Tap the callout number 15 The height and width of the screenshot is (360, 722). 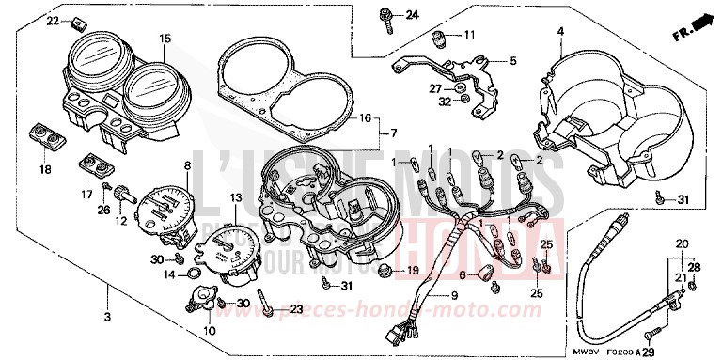click(165, 39)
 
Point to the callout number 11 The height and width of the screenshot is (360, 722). click(469, 35)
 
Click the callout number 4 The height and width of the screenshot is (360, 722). click(559, 31)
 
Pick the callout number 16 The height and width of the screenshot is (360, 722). click(367, 118)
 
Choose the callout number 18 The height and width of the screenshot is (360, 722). click(45, 169)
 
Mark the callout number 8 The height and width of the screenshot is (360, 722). click(187, 166)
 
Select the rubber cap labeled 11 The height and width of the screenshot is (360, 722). click(438, 38)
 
